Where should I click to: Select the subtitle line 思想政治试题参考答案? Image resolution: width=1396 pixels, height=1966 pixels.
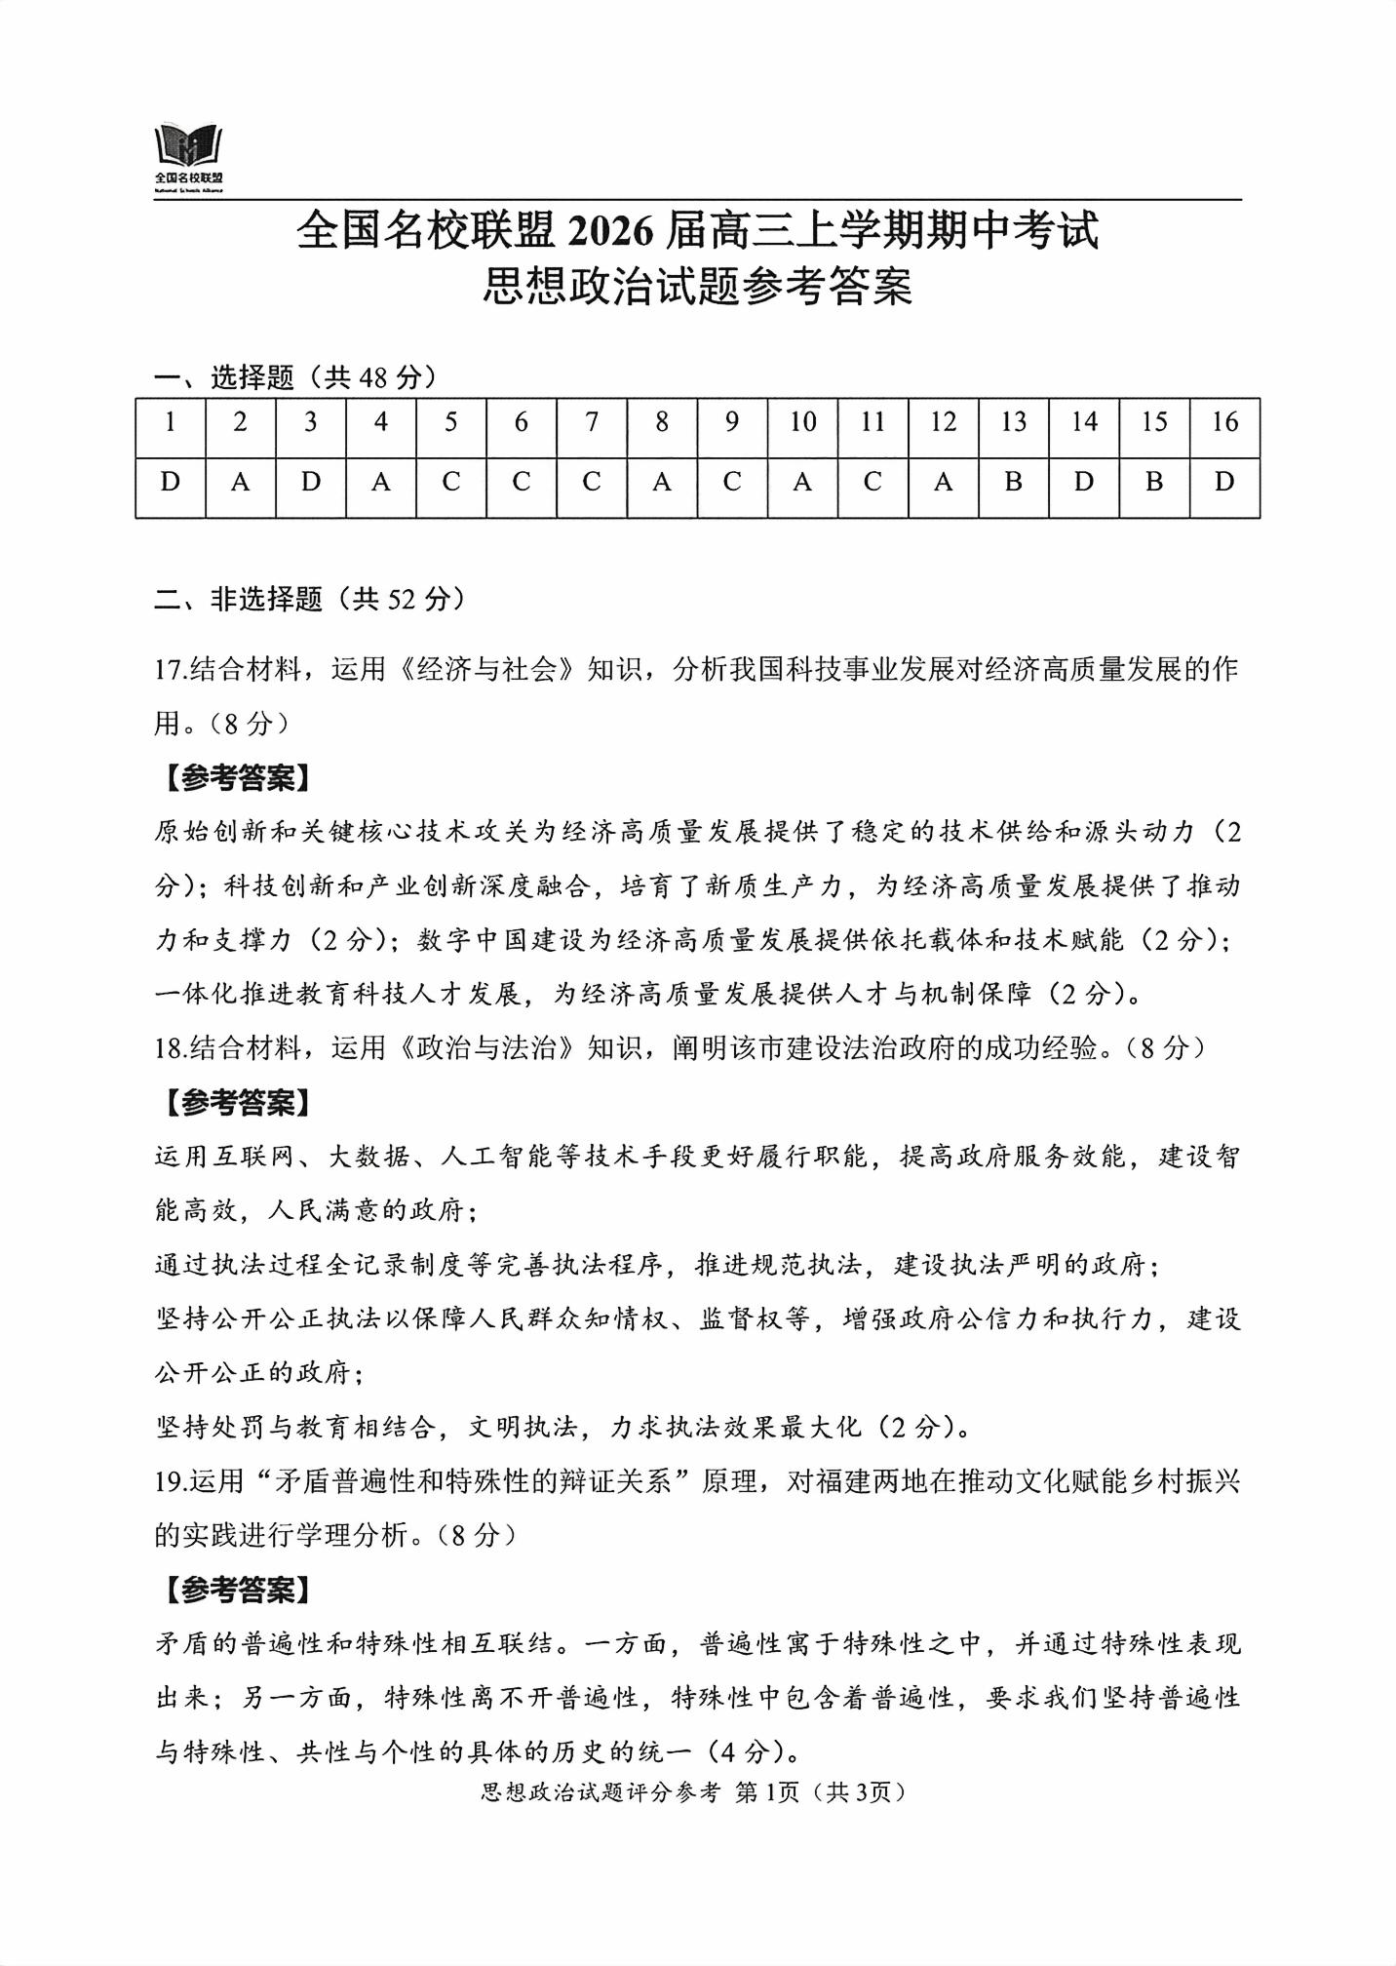[697, 287]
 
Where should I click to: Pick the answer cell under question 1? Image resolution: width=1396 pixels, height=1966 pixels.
[171, 482]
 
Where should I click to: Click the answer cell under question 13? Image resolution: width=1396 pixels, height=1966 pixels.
[1013, 482]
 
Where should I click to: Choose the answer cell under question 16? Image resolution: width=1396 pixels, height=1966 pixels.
[1224, 482]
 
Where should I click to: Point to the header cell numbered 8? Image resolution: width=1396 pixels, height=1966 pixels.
[662, 422]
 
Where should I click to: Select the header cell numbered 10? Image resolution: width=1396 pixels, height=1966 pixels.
[802, 422]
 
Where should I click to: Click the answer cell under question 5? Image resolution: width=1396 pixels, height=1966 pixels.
[451, 482]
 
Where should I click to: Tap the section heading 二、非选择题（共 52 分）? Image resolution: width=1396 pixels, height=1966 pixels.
[309, 599]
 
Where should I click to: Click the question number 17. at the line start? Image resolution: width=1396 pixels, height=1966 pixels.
[171, 670]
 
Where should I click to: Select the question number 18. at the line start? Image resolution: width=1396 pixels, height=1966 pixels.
[171, 1048]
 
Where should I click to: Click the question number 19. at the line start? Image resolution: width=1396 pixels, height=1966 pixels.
[171, 1481]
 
